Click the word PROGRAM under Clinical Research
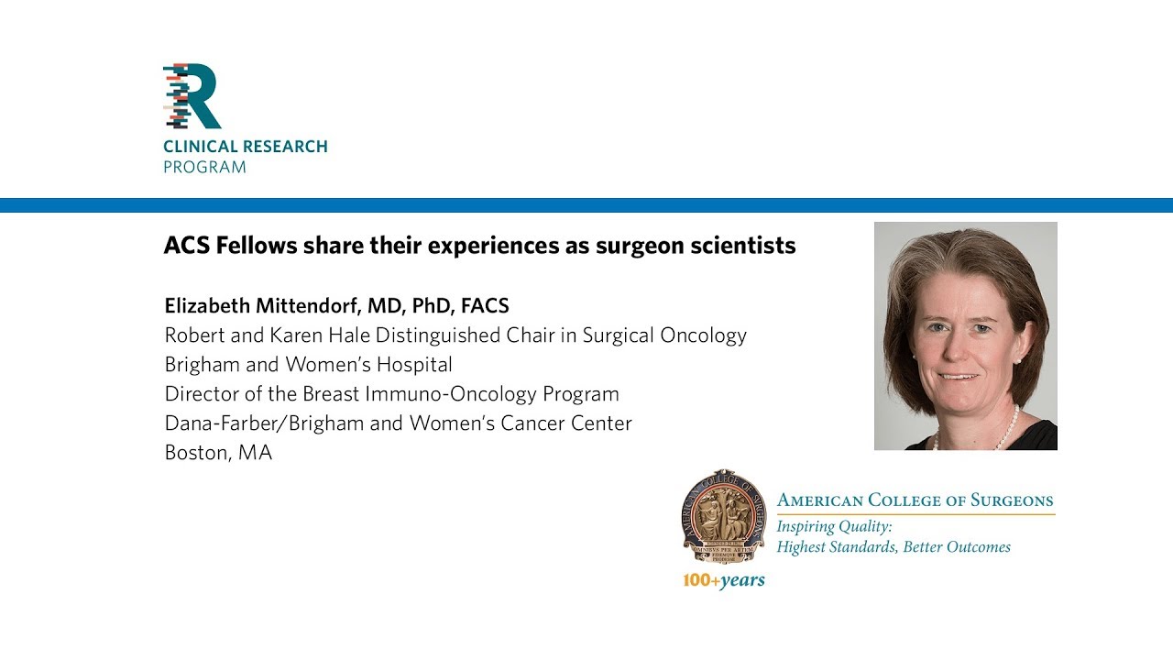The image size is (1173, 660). click(204, 168)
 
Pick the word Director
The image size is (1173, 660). click(198, 394)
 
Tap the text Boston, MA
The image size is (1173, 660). click(218, 453)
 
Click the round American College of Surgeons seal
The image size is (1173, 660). click(723, 516)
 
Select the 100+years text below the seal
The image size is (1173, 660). click(723, 580)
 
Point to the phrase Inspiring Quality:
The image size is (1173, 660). click(834, 527)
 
